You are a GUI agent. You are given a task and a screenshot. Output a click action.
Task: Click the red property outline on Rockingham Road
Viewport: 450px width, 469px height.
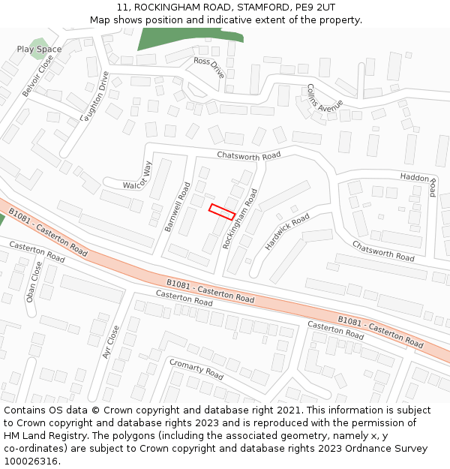(222, 212)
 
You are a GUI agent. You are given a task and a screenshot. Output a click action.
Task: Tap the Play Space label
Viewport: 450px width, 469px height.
(39, 50)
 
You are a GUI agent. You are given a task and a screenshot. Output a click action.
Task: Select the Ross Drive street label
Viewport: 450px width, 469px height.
(208, 67)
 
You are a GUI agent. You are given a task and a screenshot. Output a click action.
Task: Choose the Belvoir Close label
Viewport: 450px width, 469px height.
(37, 77)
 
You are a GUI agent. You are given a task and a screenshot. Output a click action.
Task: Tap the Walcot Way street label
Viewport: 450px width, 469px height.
(138, 176)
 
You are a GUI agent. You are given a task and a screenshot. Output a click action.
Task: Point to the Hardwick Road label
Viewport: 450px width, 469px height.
(287, 232)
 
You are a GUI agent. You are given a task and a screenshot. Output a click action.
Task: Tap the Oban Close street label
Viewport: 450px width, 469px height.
(34, 281)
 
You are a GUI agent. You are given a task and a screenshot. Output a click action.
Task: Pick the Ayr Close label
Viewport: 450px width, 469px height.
(112, 341)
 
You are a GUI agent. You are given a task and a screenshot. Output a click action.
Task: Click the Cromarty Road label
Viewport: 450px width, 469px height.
(196, 368)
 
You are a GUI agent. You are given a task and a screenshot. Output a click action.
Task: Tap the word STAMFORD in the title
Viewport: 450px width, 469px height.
(262, 7)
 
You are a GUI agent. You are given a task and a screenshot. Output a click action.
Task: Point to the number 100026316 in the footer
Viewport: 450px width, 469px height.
(31, 461)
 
